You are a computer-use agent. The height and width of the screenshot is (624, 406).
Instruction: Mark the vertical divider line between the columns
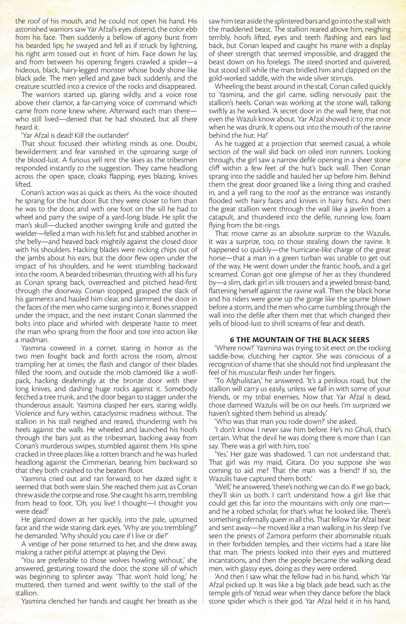coord(203,312)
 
